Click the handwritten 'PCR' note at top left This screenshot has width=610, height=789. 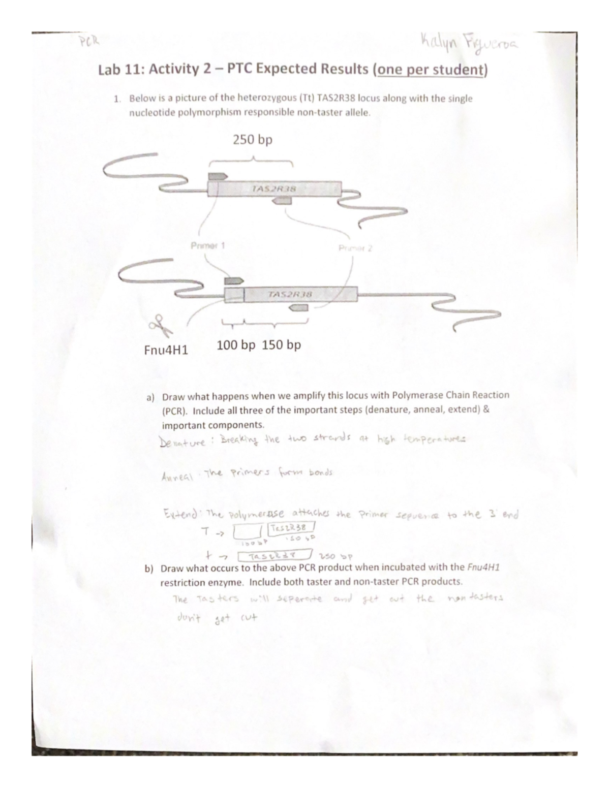pyautogui.click(x=87, y=40)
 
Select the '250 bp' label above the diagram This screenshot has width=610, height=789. pyautogui.click(x=253, y=139)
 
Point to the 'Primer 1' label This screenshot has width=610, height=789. pyautogui.click(x=207, y=246)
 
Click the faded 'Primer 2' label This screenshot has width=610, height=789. pyautogui.click(x=355, y=248)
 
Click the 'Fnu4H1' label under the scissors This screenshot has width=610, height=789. pyautogui.click(x=166, y=350)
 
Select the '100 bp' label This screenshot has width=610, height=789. pyautogui.click(x=236, y=345)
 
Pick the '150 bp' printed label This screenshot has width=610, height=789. pyautogui.click(x=282, y=345)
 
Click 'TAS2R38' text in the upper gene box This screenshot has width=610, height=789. pyautogui.click(x=274, y=188)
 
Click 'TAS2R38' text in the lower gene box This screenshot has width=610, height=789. pyautogui.click(x=290, y=294)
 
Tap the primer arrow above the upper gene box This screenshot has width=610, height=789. pyautogui.click(x=218, y=176)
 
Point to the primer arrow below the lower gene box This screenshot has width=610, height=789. pyautogui.click(x=298, y=308)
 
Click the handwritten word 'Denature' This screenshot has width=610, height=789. pyautogui.click(x=183, y=441)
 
